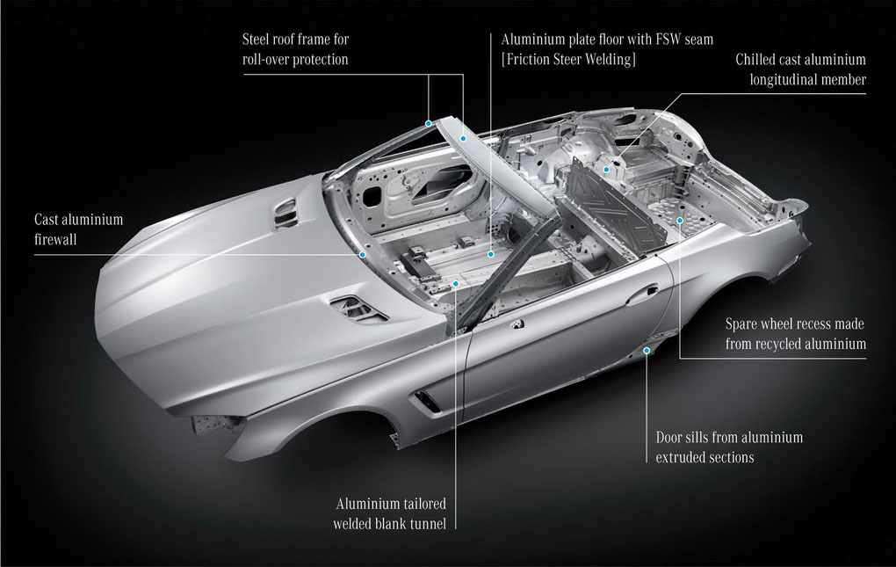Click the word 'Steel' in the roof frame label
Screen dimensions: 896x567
(x=257, y=40)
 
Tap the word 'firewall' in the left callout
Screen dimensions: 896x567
(x=55, y=239)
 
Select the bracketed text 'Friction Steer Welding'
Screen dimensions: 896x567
(x=568, y=60)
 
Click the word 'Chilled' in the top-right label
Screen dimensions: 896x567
(x=755, y=60)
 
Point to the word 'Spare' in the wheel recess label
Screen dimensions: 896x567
(x=741, y=324)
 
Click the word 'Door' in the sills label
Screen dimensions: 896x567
(x=669, y=438)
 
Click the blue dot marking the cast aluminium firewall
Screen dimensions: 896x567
(x=362, y=254)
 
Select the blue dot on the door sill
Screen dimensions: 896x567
(x=647, y=351)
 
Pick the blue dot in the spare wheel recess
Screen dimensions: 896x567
(x=680, y=220)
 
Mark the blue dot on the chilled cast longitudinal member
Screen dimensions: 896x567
(x=606, y=169)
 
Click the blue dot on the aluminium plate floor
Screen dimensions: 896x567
(x=491, y=254)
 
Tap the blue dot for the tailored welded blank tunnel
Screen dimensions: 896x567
(x=455, y=282)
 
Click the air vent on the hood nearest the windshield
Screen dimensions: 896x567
(x=286, y=212)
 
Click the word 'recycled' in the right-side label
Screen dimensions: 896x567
(x=780, y=344)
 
